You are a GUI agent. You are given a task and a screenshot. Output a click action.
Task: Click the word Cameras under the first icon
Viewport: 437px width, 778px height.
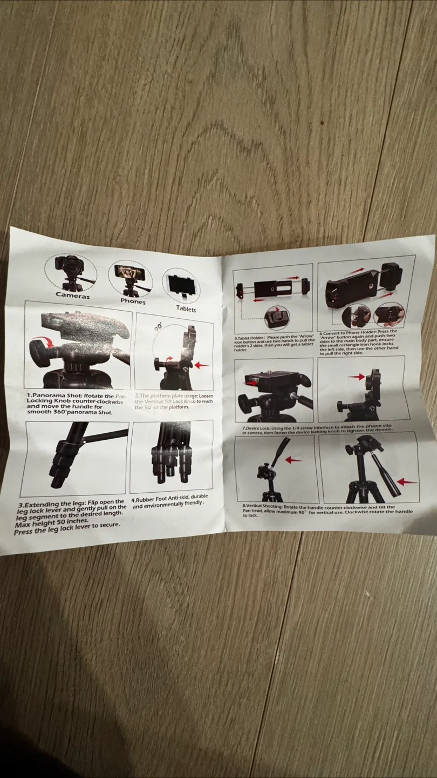[x=73, y=295]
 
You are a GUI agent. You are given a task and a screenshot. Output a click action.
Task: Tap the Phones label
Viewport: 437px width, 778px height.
[x=133, y=301]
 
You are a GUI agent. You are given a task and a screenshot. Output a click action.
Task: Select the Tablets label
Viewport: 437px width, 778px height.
[x=186, y=308]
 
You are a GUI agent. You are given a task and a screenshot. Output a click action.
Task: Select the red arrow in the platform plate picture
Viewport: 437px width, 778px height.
[x=201, y=365]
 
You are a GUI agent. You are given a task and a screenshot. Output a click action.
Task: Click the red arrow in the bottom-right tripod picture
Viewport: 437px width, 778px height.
[x=407, y=482]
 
